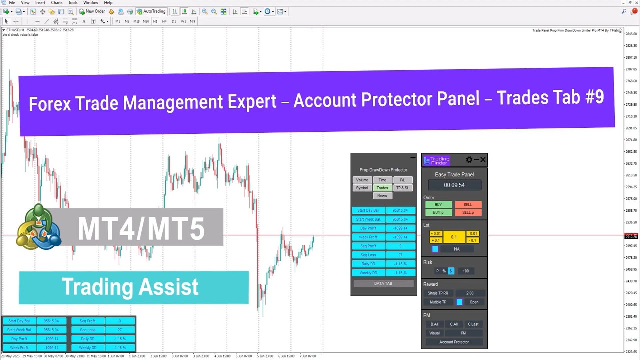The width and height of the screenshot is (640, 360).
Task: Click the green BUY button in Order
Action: [x=438, y=205]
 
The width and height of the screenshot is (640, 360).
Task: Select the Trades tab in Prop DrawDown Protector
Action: [x=382, y=188]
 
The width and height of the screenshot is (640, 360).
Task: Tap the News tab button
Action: [x=382, y=196]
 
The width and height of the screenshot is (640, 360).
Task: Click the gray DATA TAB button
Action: [x=383, y=283]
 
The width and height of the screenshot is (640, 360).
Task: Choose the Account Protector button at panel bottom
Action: [x=454, y=342]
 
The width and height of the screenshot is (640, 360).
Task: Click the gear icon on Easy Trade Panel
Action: [x=469, y=160]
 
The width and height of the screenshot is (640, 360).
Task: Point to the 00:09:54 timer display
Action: [x=454, y=185]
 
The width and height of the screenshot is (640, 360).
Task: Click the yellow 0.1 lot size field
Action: [x=454, y=237]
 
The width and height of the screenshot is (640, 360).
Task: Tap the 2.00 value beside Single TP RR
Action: [x=470, y=293]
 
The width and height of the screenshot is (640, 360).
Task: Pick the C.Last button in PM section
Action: [x=473, y=324]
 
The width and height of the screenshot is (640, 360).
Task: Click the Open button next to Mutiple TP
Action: [x=474, y=302]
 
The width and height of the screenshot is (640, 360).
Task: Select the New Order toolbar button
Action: [x=92, y=11]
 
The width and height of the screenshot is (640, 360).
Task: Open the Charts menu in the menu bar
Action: [x=57, y=3]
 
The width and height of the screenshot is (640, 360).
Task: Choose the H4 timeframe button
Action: [x=164, y=21]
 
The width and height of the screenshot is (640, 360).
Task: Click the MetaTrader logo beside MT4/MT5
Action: [x=39, y=227]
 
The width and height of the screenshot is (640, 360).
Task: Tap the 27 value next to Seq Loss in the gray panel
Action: [x=400, y=255]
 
